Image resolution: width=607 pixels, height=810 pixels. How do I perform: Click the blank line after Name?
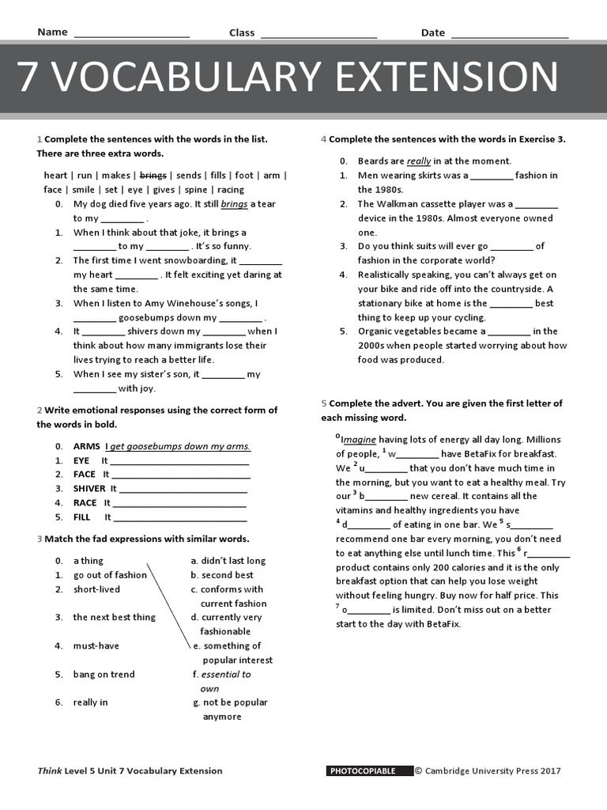point(131,35)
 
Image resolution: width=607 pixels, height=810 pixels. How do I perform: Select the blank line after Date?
point(510,35)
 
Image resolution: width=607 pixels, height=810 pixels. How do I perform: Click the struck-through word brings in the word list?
point(153,175)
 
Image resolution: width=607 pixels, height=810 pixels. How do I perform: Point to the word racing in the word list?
point(231,189)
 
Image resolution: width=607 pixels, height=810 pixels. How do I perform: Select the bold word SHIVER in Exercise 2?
point(89,488)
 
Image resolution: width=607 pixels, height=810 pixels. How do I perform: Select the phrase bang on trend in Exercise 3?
point(104,674)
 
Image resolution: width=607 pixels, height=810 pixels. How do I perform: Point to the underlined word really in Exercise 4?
point(419,161)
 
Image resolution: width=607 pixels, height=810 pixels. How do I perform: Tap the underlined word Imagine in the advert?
point(358,439)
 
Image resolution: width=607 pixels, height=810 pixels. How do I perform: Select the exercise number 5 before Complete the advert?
point(324,403)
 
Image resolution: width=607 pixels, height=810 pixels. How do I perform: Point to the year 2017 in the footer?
point(551,770)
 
